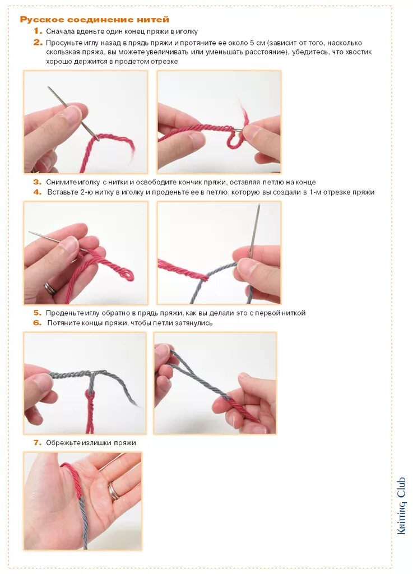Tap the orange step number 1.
point(38,31)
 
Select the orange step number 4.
point(38,192)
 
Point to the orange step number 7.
point(38,443)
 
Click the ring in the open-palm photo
point(114,491)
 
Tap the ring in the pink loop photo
point(50,288)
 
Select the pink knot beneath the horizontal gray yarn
point(89,395)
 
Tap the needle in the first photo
point(73,113)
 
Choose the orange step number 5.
point(38,313)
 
